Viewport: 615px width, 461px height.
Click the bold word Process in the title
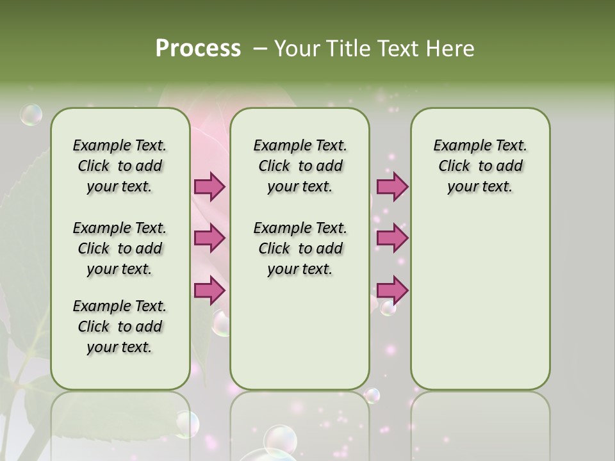click(198, 49)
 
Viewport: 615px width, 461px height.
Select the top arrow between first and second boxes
click(209, 186)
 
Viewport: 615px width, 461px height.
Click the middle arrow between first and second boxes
click(209, 238)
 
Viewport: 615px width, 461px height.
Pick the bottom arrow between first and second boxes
click(209, 290)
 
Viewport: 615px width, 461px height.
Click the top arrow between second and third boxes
click(392, 186)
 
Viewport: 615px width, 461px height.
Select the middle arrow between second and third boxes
click(392, 238)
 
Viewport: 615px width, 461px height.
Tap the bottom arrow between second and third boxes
click(392, 290)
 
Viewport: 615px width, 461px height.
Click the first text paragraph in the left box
click(119, 166)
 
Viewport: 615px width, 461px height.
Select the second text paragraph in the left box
click(119, 248)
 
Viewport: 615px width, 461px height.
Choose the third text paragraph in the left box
click(119, 327)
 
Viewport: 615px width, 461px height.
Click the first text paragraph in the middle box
click(300, 166)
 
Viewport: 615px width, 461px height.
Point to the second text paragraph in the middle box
click(300, 248)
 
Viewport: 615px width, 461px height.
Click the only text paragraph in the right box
click(480, 166)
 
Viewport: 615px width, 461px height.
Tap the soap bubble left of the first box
click(31, 115)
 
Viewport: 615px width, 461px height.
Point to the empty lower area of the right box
click(480, 307)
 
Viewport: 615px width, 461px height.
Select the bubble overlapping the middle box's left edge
click(221, 325)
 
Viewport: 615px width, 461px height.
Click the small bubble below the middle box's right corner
click(372, 396)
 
